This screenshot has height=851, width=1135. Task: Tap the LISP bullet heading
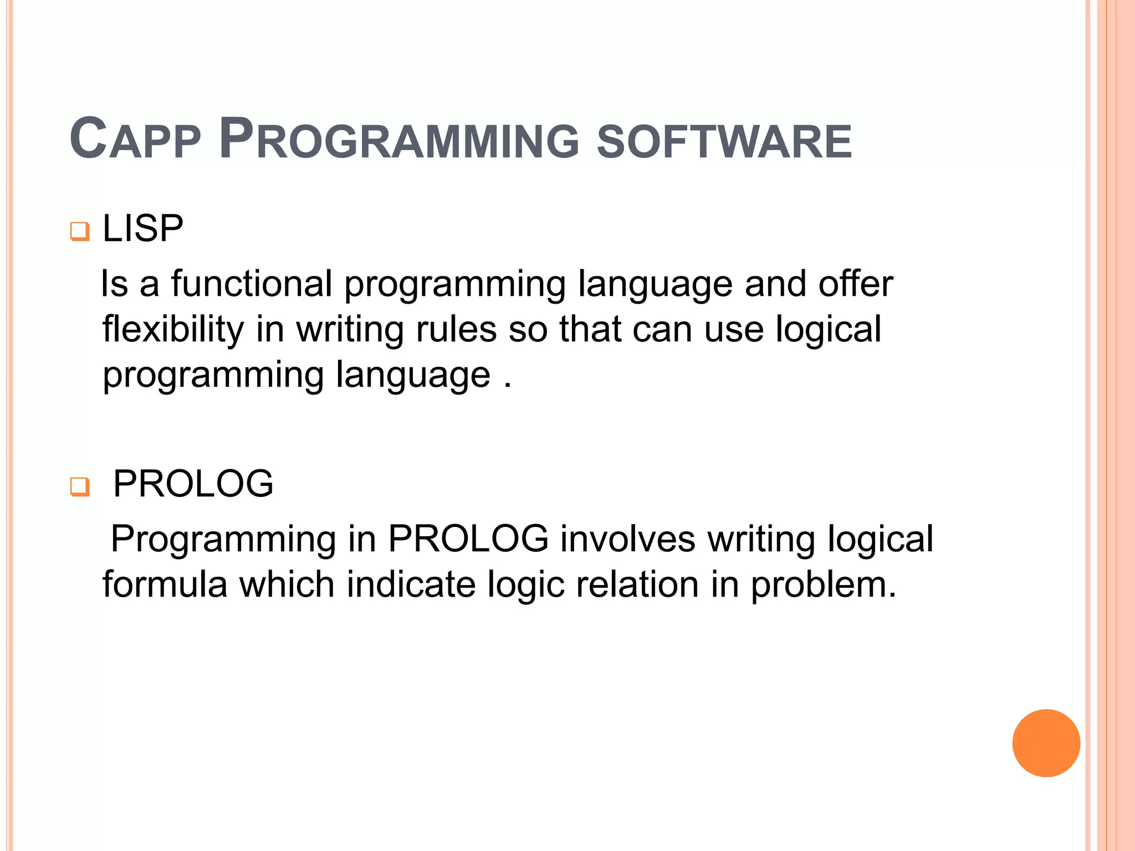tap(143, 228)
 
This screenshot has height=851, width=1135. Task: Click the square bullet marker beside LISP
tap(80, 231)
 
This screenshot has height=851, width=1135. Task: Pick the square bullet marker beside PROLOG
tap(80, 486)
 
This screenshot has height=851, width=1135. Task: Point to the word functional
tap(252, 284)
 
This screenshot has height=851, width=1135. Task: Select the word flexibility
tap(173, 330)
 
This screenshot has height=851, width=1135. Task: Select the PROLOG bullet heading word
tap(193, 484)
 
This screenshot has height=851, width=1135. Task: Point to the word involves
tap(627, 539)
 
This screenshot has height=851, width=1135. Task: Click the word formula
tap(165, 585)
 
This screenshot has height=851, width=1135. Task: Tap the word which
tap(287, 585)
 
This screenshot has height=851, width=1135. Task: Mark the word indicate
tap(411, 585)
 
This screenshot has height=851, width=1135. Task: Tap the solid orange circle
tap(1046, 743)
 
